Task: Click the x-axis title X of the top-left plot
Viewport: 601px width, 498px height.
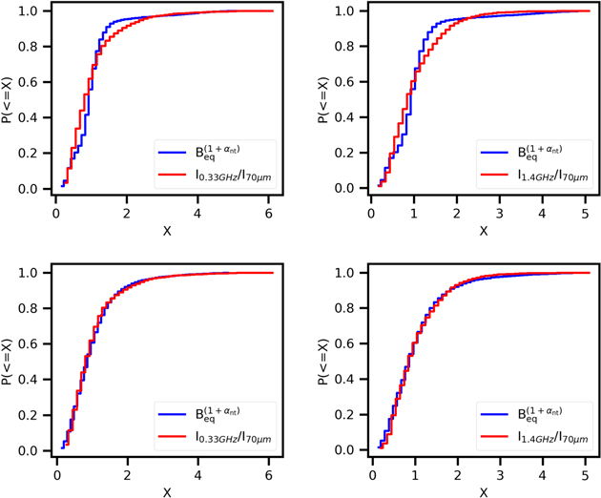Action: [166, 231]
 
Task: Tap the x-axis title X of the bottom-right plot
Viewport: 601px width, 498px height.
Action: [483, 492]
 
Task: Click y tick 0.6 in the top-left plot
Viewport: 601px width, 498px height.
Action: [32, 82]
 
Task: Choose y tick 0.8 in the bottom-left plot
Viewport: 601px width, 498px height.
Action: [32, 308]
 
